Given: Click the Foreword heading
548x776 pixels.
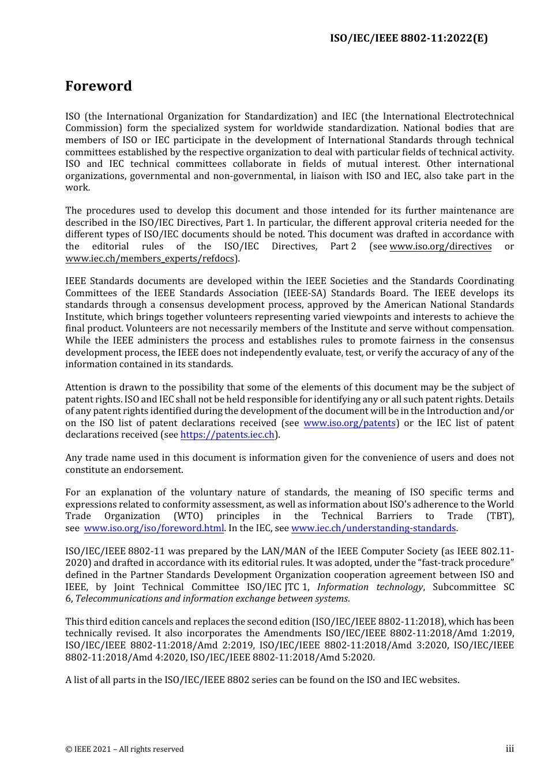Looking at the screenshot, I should click(99, 86).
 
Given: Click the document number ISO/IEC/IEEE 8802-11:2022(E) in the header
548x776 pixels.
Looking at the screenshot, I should click(408, 38).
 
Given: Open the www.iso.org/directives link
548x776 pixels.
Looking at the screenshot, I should click(441, 247).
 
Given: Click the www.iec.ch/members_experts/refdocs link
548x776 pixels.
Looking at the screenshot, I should click(151, 259).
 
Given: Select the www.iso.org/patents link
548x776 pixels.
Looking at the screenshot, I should click(350, 423).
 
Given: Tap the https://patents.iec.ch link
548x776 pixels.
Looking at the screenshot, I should click(227, 435).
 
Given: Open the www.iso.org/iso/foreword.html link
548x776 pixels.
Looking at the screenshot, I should click(154, 528).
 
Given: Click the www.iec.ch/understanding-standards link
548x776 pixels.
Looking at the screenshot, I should click(374, 528).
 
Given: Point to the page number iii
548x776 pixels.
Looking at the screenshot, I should click(509, 749).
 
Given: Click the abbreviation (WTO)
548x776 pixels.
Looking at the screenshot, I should click(189, 516).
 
